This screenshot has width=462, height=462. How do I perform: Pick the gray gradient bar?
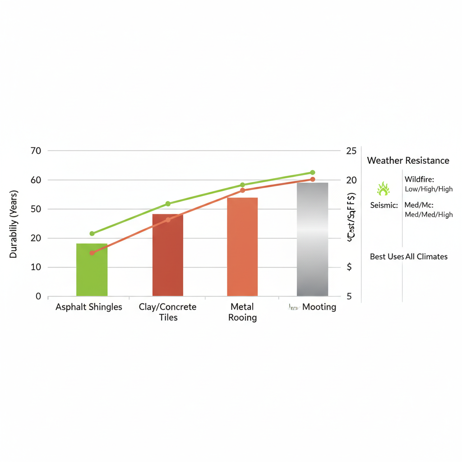pyautogui.click(x=312, y=239)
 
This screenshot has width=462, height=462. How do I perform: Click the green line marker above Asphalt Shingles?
pyautogui.click(x=92, y=233)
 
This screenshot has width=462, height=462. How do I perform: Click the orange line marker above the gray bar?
pyautogui.click(x=313, y=180)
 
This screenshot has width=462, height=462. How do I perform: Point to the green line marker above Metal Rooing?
pyautogui.click(x=242, y=185)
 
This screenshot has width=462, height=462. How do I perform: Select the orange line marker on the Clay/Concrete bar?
pyautogui.click(x=168, y=220)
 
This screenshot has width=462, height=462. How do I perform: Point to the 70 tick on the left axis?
pyautogui.click(x=35, y=151)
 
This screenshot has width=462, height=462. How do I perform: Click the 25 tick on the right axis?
pyautogui.click(x=351, y=151)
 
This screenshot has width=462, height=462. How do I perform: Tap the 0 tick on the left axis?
pyautogui.click(x=38, y=296)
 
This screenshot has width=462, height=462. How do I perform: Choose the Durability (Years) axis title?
pyautogui.click(x=13, y=224)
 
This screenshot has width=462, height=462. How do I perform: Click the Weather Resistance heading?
pyautogui.click(x=408, y=160)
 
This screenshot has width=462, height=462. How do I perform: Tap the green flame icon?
pyautogui.click(x=383, y=189)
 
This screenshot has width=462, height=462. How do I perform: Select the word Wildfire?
pyautogui.click(x=419, y=180)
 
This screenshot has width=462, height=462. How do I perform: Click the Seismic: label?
pyautogui.click(x=383, y=205)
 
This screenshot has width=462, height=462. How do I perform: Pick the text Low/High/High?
pyautogui.click(x=429, y=189)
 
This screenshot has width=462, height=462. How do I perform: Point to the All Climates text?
pyautogui.click(x=426, y=257)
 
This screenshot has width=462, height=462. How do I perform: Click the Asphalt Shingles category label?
pyautogui.click(x=89, y=307)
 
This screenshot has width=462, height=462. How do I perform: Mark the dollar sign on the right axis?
pyautogui.click(x=349, y=267)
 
